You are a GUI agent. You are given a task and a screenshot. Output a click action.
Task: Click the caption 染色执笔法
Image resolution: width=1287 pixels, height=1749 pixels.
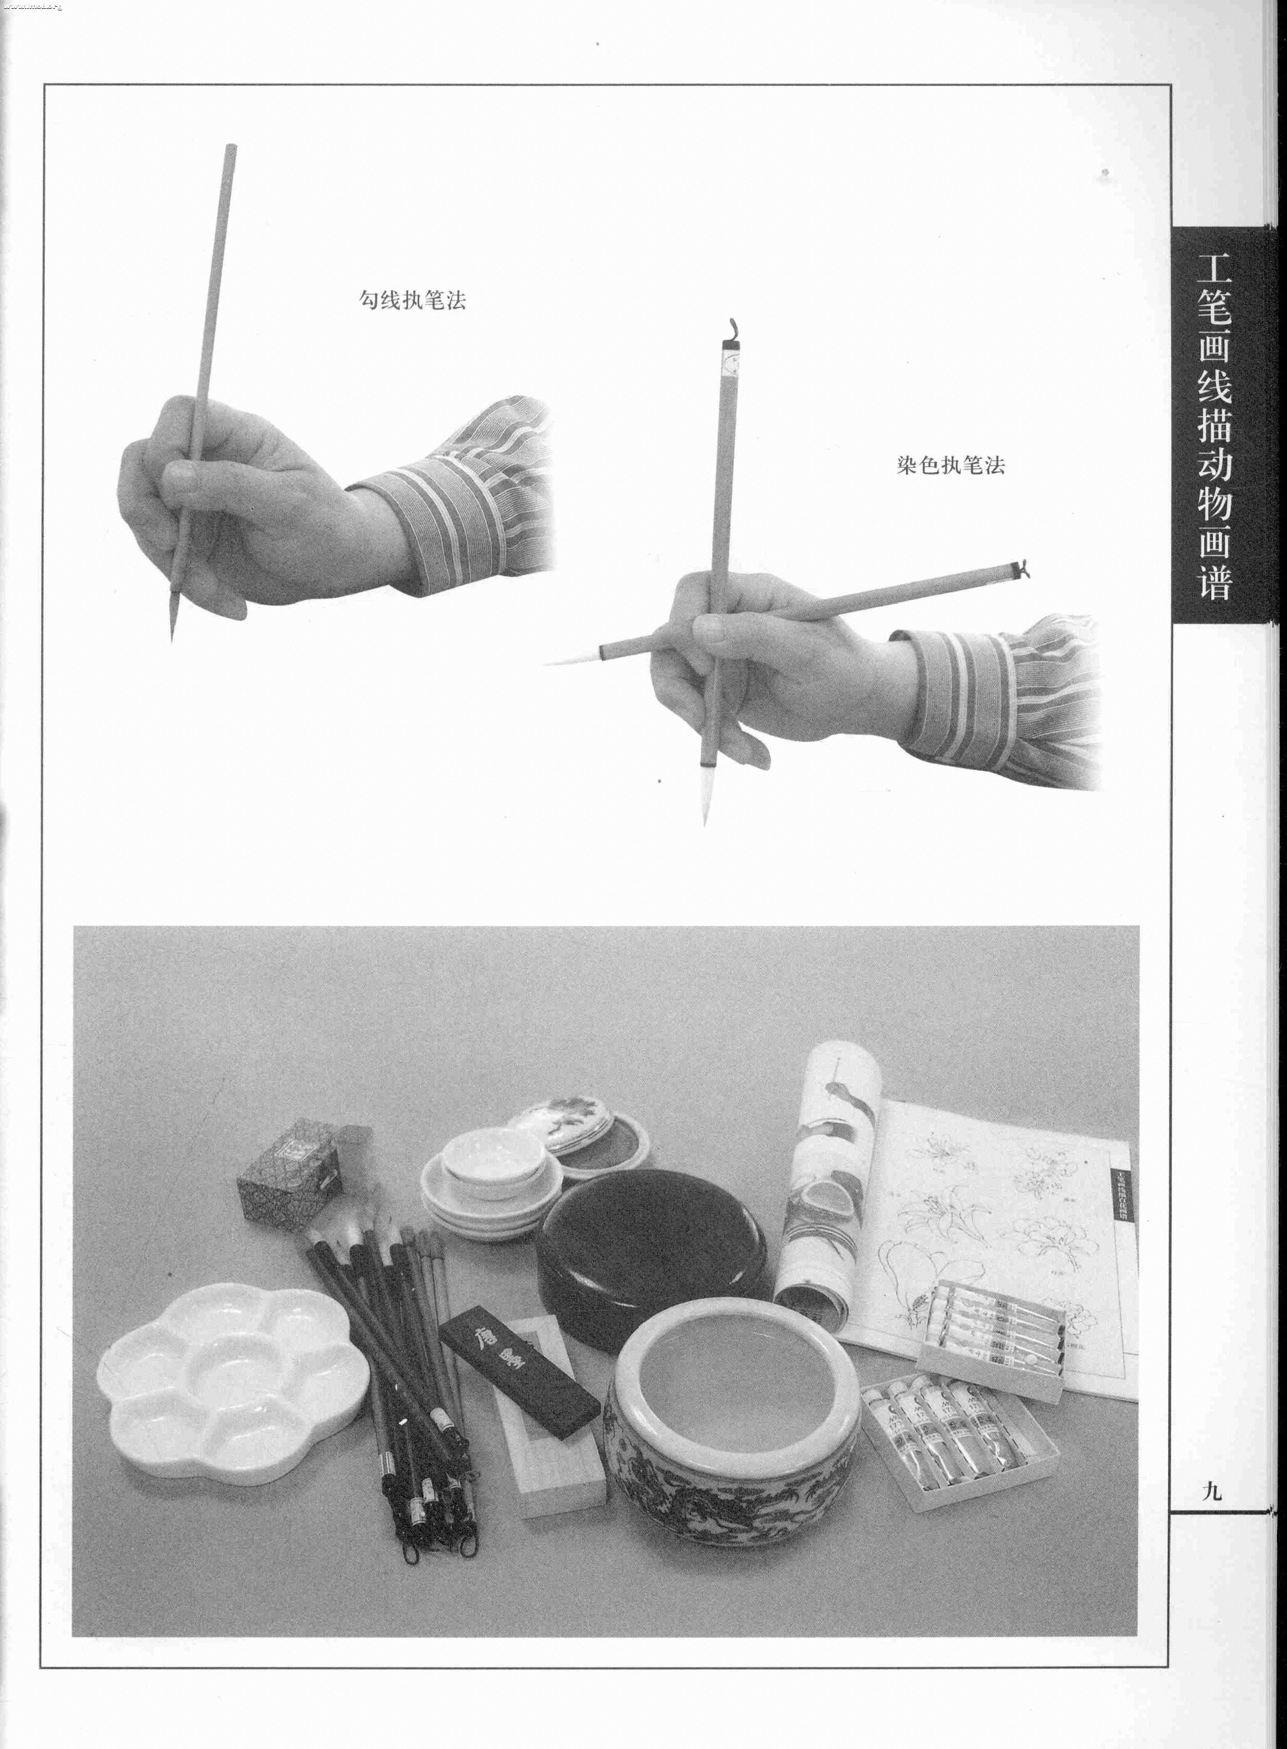950,466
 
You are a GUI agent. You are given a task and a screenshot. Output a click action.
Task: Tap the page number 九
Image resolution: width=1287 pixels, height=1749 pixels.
1212,1491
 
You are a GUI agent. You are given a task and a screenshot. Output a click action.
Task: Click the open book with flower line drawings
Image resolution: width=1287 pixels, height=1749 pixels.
1005,1215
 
